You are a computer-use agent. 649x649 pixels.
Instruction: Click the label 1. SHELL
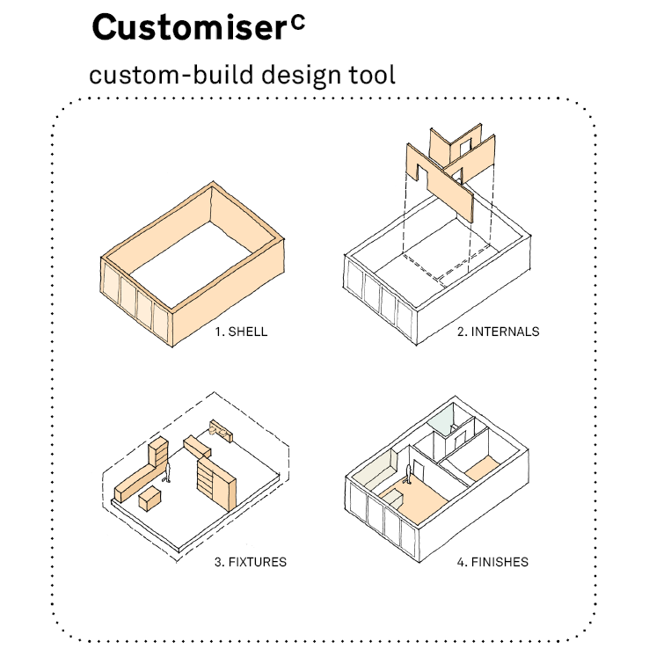[241, 332]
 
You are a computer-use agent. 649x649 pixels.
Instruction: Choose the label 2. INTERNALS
[498, 332]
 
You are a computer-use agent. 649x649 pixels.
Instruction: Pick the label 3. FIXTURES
[251, 560]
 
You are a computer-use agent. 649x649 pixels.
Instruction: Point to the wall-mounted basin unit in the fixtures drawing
[222, 430]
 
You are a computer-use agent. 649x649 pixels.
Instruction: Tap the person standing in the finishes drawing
[408, 478]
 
